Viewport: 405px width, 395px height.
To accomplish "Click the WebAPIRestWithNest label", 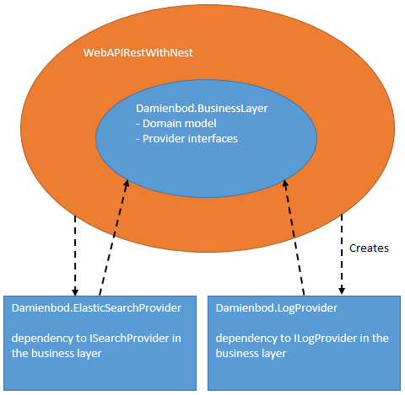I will click(x=138, y=52).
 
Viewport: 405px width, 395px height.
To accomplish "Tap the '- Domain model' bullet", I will click(x=175, y=124).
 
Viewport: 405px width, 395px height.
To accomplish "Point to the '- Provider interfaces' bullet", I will click(x=187, y=138).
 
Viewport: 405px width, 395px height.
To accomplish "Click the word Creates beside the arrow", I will click(x=369, y=248).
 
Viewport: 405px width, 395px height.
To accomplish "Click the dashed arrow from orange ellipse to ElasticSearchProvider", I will click(x=76, y=253).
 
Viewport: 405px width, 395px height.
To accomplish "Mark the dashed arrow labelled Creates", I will click(x=342, y=253).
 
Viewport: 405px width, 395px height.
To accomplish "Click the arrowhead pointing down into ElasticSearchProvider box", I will click(x=76, y=291).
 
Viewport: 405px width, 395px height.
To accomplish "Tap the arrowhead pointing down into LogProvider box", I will click(x=342, y=291).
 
